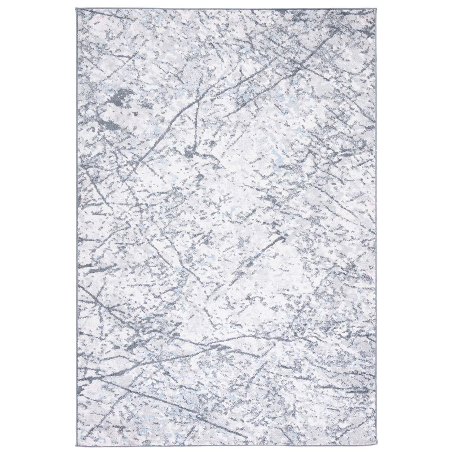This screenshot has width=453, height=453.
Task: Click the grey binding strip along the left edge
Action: click(x=77, y=226)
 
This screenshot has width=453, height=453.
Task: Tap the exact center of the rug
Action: click(x=227, y=226)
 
